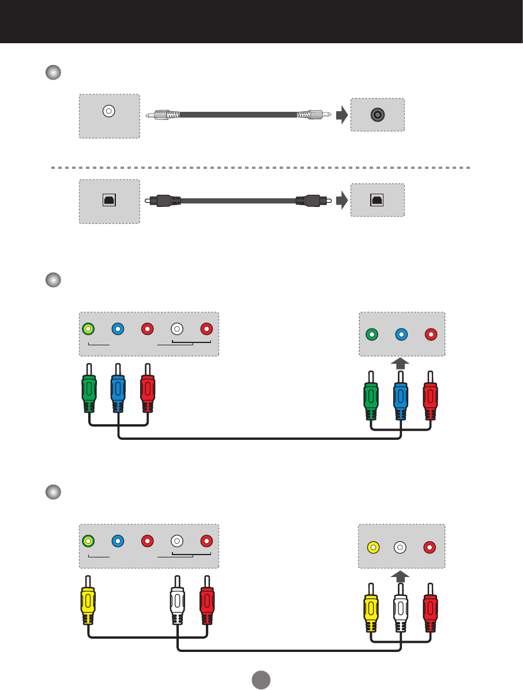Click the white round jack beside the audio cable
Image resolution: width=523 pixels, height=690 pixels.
pos(108,111)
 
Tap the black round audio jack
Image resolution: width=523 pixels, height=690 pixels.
pos(377,114)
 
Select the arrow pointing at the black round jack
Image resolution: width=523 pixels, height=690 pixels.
pos(342,115)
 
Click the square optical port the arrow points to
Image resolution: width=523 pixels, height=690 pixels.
pos(377,199)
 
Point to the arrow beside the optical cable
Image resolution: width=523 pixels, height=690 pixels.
pos(342,201)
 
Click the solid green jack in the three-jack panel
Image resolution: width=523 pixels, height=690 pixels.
pos(373,334)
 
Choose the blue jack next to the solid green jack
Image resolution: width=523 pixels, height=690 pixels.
pos(401,334)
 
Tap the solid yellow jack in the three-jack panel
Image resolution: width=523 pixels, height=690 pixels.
pos(373,546)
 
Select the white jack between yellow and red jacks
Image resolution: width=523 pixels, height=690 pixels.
pos(401,546)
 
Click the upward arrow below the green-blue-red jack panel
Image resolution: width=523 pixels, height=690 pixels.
pos(401,363)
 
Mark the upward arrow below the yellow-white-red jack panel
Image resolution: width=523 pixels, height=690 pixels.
pos(401,576)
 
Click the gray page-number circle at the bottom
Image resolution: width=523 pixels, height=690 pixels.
pos(261,679)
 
